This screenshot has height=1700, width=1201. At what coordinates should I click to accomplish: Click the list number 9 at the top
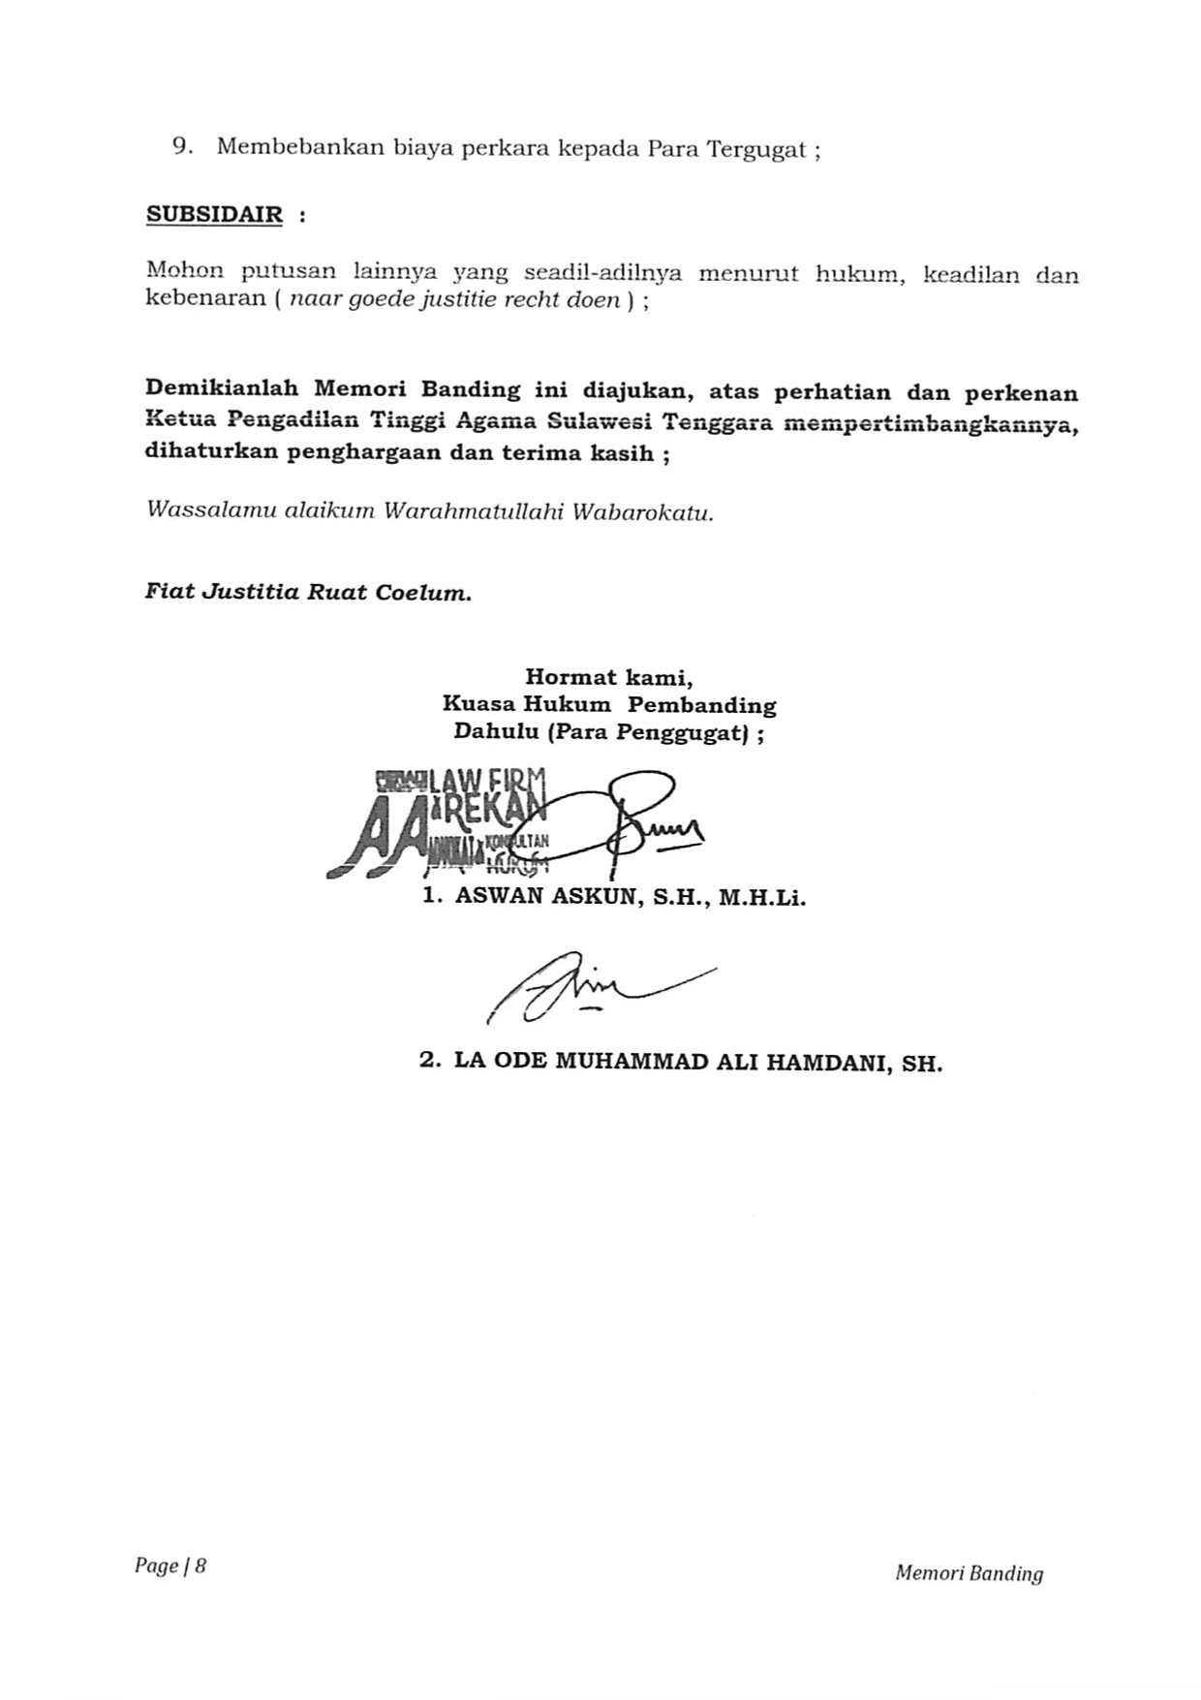coord(180,147)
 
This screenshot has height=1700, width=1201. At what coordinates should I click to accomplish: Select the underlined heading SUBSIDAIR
coord(214,215)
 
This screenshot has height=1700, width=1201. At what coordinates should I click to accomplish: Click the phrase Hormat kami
coord(608,677)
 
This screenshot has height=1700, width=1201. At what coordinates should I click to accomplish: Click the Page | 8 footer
coord(170,1565)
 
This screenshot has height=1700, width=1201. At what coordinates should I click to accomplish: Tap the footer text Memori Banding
coord(969,1574)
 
